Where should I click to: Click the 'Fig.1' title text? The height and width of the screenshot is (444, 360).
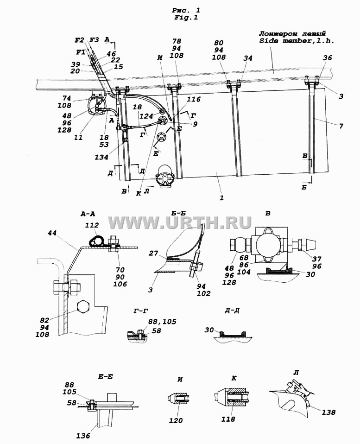point(186,18)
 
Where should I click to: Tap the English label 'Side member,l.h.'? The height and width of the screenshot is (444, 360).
point(297,41)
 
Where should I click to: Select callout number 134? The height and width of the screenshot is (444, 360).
point(101,157)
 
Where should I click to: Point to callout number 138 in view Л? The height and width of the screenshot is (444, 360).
point(328,412)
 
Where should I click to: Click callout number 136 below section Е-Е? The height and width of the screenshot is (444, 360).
point(83,436)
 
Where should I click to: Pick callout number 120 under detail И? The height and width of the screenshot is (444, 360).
point(176,421)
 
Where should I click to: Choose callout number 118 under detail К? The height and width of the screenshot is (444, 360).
point(228,419)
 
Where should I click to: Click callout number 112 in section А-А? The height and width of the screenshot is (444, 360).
point(92,225)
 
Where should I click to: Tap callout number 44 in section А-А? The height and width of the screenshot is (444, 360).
point(52,233)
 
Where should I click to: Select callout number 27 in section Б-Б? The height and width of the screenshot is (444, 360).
point(153,253)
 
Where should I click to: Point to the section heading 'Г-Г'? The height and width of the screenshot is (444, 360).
point(141,311)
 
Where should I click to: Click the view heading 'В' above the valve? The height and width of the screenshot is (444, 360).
point(268,213)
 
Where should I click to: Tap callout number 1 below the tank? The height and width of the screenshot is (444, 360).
point(221,198)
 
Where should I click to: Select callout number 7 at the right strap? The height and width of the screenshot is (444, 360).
point(341,126)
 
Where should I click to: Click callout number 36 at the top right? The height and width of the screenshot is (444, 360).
point(327,58)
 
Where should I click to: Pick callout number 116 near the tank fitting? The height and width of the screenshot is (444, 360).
point(194,99)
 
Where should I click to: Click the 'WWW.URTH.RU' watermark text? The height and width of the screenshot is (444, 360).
point(180,222)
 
